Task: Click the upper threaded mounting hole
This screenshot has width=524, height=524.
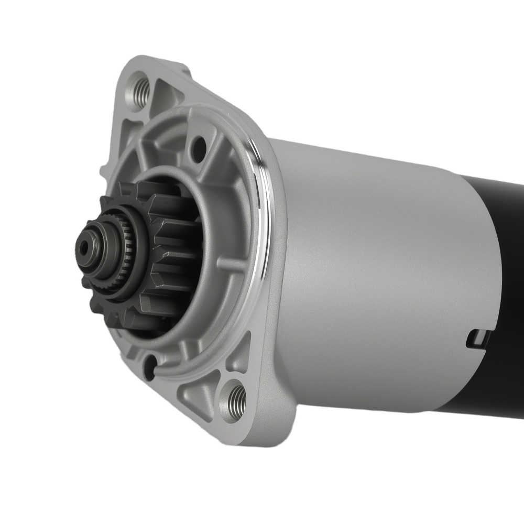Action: pos(139,90)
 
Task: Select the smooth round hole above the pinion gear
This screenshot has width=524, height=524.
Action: pos(199,148)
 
